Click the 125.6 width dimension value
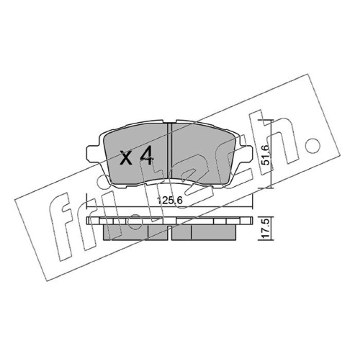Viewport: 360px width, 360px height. (170, 201)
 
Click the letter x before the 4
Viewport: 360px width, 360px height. (126, 158)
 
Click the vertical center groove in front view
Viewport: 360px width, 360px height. (170, 151)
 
